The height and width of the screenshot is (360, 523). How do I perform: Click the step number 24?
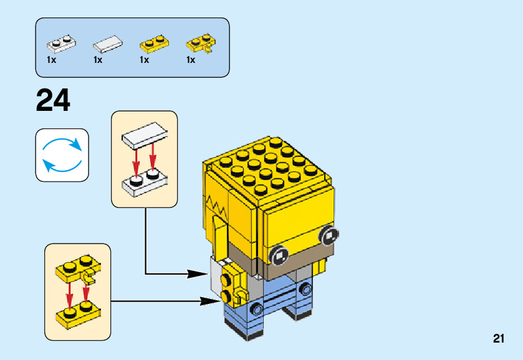53,100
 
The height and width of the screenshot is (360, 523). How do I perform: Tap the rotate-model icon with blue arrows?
62,155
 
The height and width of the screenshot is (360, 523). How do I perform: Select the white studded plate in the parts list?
60,44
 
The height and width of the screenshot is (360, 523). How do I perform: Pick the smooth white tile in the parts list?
108,44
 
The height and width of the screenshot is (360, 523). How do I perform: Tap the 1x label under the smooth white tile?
98,60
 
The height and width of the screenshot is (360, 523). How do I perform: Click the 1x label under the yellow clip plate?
191,60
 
